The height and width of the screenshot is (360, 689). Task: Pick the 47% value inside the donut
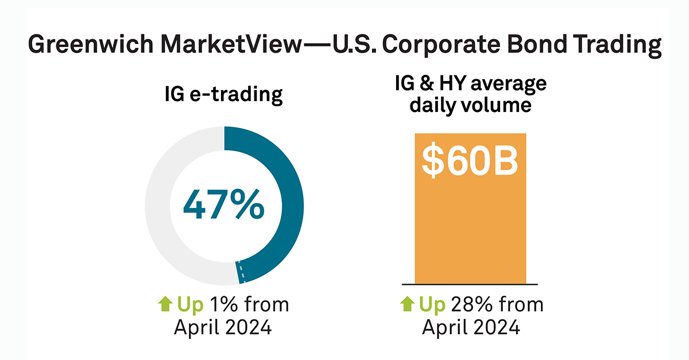224,206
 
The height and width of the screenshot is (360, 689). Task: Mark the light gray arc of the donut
157,206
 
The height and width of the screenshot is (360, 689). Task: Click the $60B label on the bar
470,161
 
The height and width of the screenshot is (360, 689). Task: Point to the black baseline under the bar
470,284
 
